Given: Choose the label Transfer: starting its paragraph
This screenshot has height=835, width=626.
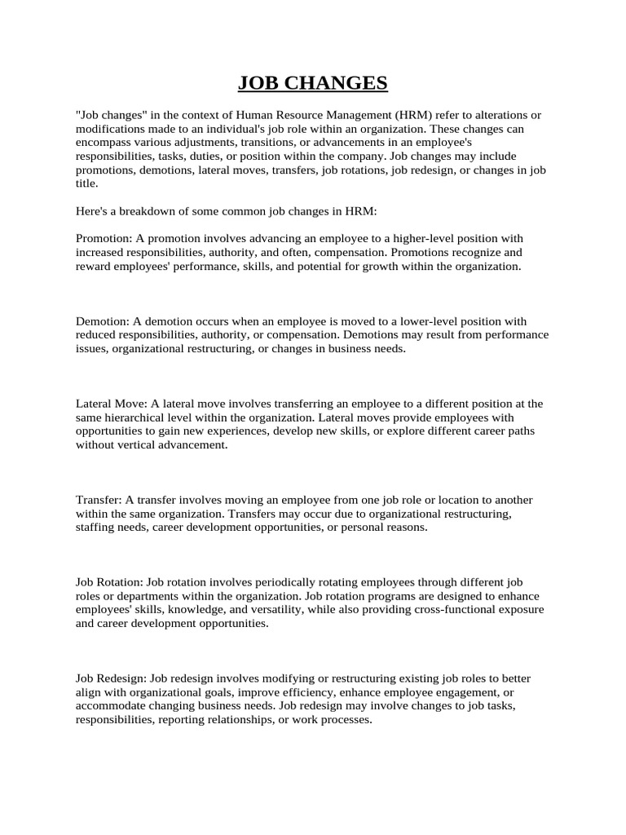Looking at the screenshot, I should pyautogui.click(x=99, y=500).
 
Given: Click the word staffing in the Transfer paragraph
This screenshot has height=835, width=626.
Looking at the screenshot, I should pyautogui.click(x=95, y=528).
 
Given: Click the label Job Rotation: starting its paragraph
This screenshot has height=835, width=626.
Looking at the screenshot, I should pyautogui.click(x=109, y=582).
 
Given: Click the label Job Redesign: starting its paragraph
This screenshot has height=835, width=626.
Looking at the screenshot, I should pyautogui.click(x=111, y=678).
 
